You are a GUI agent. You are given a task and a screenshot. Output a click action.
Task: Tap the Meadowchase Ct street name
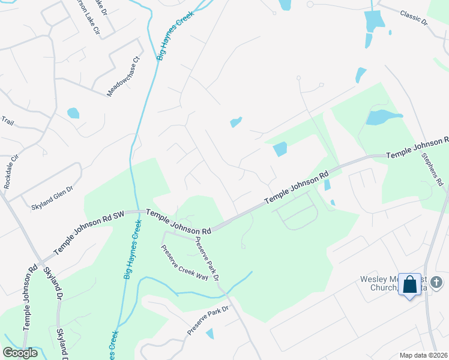[123, 77]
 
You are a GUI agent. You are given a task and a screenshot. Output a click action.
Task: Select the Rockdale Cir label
[11, 175]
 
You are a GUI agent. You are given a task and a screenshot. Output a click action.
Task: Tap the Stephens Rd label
[432, 170]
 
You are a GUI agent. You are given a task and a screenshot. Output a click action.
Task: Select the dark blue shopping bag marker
[410, 285]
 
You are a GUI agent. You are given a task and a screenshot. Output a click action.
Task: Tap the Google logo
[20, 353]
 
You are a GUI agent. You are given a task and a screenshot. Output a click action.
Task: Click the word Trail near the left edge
[7, 121]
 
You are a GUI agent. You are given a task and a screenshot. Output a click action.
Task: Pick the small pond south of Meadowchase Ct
[73, 113]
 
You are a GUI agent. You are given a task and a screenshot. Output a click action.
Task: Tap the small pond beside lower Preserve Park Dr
[209, 334]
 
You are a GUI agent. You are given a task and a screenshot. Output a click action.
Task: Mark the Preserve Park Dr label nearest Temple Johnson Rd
[205, 259]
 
